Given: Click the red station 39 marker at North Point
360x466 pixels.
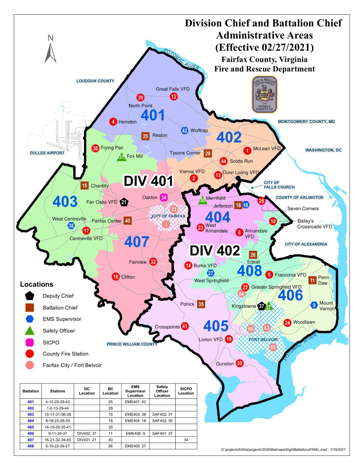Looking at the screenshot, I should pyautogui.click(x=140, y=97).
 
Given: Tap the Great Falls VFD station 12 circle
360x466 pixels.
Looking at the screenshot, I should pyautogui.click(x=174, y=96).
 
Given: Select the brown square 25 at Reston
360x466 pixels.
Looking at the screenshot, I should pyautogui.click(x=145, y=136).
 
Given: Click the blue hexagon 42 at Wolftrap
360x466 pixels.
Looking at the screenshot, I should pyautogui.click(x=184, y=131).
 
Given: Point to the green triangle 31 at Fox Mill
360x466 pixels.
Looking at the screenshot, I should pyautogui.click(x=121, y=157).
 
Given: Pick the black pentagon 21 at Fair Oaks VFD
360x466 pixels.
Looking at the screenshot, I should pyautogui.click(x=124, y=202).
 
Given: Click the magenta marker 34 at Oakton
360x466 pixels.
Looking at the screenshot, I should pyautogui.click(x=163, y=197).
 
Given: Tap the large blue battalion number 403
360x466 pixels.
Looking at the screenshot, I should pyautogui.click(x=65, y=202).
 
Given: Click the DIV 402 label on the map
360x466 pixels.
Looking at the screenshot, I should pyautogui.click(x=215, y=251).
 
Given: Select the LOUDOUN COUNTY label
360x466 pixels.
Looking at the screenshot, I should pyautogui.click(x=95, y=81).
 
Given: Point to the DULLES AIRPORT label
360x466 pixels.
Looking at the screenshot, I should pyautogui.click(x=47, y=153).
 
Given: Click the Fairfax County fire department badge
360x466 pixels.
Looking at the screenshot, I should pyautogui.click(x=264, y=94).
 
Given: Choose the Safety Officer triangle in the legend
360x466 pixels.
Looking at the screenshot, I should pyautogui.click(x=30, y=331).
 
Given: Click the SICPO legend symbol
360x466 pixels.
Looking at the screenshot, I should pyautogui.click(x=30, y=342).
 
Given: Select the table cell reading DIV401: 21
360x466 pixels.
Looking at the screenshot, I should pyautogui.click(x=87, y=440).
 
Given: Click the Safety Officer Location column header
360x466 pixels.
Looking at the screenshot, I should pyautogui.click(x=162, y=391).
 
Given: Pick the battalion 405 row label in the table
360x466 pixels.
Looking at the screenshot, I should pyautogui.click(x=31, y=427).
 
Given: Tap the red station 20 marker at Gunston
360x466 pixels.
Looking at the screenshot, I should pyautogui.click(x=239, y=363).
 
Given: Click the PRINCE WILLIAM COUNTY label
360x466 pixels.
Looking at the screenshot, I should pyautogui.click(x=132, y=344).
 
